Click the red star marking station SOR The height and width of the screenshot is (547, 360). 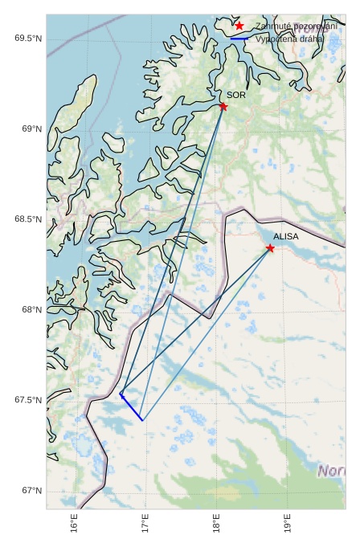point(223,107)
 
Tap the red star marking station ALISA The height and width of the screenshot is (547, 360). point(270,248)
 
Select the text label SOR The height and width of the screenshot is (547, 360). point(235,95)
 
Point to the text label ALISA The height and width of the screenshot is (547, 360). point(285,237)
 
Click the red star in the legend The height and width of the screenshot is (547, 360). point(239,27)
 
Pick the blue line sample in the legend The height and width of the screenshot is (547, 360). point(239,38)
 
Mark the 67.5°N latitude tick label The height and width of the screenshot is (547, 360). point(28,401)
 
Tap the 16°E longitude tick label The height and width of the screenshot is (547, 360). point(74,525)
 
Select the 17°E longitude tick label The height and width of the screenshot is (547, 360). point(145,525)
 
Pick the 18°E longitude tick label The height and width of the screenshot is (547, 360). point(216,525)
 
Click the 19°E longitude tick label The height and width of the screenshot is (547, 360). point(288,525)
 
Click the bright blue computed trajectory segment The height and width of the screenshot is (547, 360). point(132,408)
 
